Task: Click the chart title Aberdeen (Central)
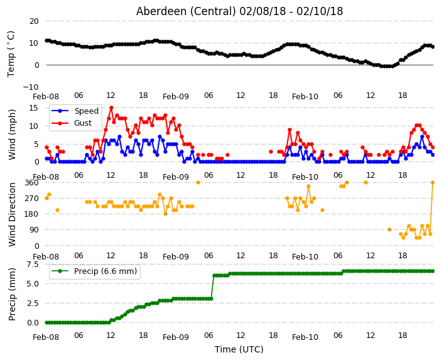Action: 186,11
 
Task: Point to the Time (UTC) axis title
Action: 239,349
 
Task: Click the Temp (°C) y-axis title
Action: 11,54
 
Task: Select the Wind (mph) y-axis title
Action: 12,134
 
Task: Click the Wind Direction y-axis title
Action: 12,214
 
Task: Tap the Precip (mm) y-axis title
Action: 12,294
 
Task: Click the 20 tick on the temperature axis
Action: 34,21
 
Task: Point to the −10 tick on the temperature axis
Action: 31,87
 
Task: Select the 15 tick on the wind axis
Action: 34,108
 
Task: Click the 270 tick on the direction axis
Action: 31,199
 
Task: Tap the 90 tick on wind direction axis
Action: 34,230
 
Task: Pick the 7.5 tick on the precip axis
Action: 33,265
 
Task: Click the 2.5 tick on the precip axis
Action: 33,303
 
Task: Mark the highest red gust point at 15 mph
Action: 111,108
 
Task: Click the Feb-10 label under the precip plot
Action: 305,337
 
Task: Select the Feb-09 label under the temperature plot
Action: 176,97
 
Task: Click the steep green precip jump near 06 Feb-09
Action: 213,287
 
